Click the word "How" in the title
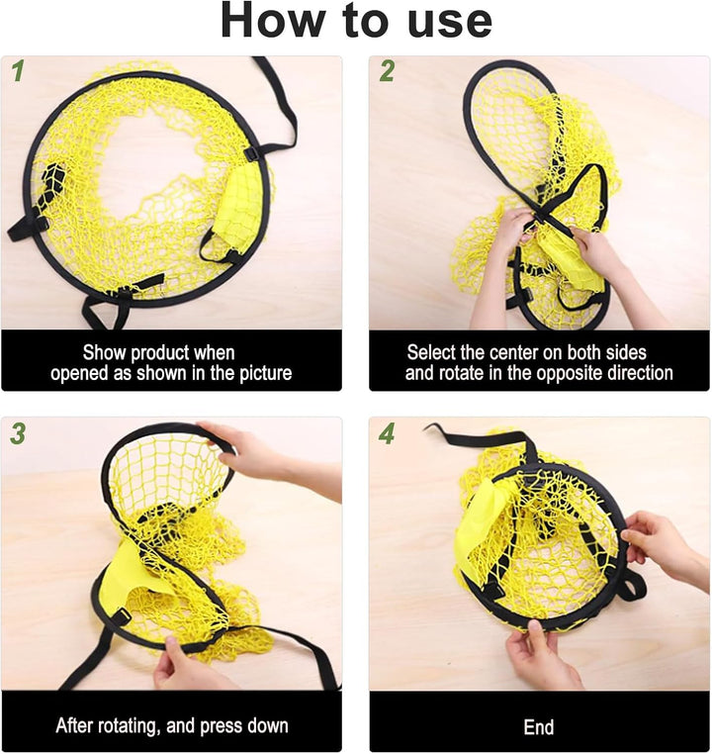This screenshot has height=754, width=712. tap(272, 20)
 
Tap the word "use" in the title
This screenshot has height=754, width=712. tap(450, 23)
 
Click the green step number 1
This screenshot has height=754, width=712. tap(18, 71)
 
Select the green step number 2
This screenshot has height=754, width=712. tap(387, 71)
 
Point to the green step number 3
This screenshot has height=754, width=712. tap(18, 433)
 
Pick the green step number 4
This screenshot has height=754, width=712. tap(387, 433)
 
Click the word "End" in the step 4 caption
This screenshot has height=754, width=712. tap(539, 727)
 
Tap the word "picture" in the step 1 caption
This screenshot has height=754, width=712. tap(266, 374)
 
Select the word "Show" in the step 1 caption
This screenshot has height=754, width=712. tap(104, 352)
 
